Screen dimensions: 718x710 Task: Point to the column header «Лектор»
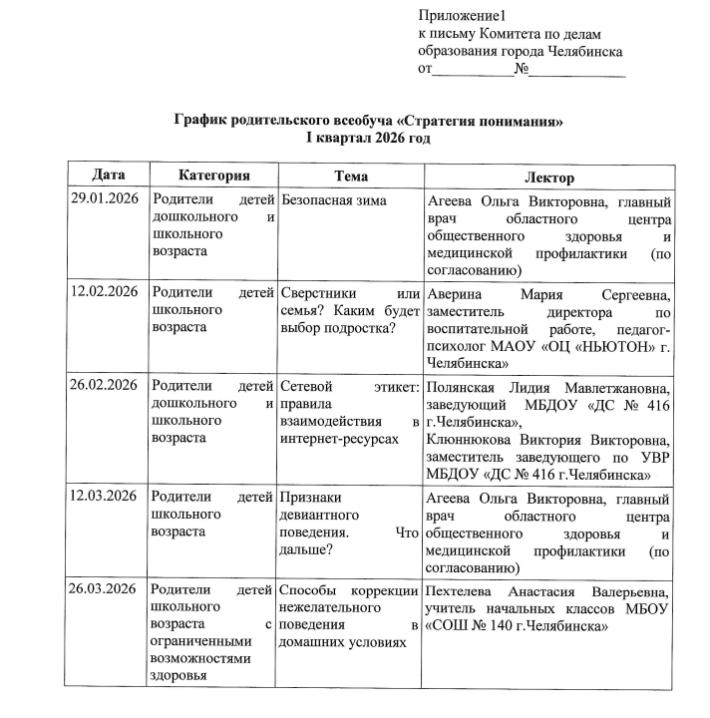click(x=548, y=177)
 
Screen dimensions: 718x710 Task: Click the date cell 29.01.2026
click(x=104, y=199)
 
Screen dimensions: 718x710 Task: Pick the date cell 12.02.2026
click(x=104, y=292)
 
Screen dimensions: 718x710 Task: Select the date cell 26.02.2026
click(x=104, y=385)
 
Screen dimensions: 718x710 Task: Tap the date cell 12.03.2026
click(x=104, y=496)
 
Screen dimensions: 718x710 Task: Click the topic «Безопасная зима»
click(x=334, y=200)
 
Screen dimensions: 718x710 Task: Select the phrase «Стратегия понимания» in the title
click(x=485, y=121)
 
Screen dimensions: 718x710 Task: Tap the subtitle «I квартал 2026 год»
click(x=368, y=138)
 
